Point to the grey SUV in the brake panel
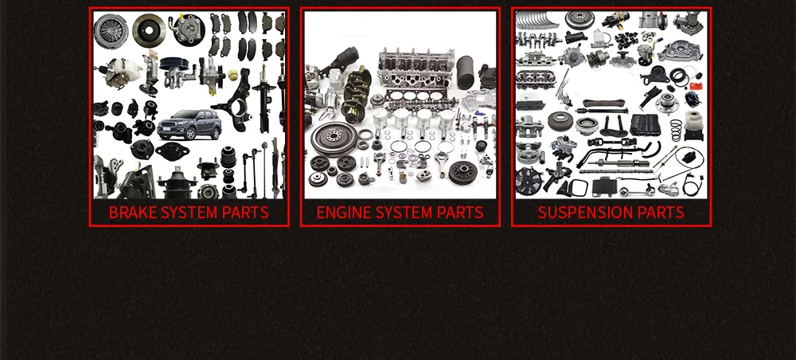pos(189,125)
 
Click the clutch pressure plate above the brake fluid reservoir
pos(110,30)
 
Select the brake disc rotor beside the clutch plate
pos(149,29)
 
